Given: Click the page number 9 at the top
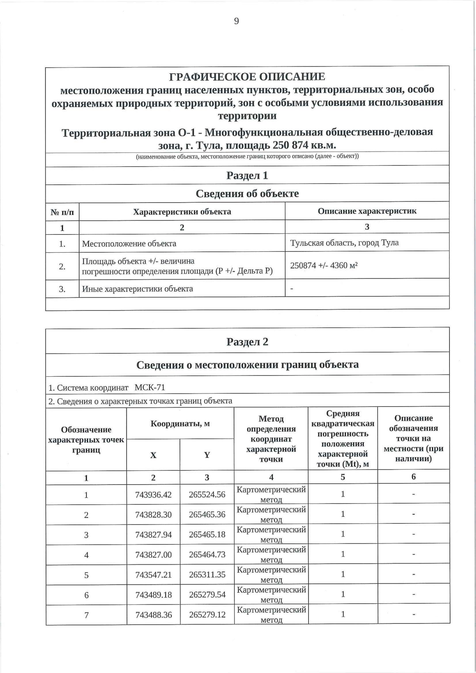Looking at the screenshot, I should (x=236, y=21).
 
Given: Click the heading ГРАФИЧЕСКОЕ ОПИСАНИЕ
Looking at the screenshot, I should (x=247, y=77).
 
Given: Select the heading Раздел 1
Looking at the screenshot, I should (x=247, y=175).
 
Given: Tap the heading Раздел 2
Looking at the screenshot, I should (x=247, y=342).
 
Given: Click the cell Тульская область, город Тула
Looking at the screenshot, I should (x=344, y=243).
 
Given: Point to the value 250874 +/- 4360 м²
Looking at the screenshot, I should (x=324, y=266).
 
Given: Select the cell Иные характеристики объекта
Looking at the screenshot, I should (x=137, y=289).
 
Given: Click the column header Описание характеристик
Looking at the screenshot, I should (x=367, y=211).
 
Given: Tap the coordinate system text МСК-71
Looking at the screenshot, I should (x=150, y=387).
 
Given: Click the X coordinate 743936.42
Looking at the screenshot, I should (x=154, y=495).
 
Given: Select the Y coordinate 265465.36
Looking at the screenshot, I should (x=207, y=514).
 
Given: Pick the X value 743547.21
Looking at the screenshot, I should (x=154, y=574).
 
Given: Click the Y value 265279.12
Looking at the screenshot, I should (x=207, y=614).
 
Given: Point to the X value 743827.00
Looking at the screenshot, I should (x=154, y=554).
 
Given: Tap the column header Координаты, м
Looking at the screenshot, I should (x=180, y=424).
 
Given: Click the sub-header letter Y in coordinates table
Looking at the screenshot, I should (x=207, y=455).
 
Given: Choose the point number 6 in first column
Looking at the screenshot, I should (x=86, y=595).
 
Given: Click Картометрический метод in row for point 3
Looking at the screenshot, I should (x=271, y=534).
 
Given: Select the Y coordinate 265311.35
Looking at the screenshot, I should (x=207, y=574).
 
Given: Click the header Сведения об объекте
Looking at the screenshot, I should (x=247, y=194).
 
